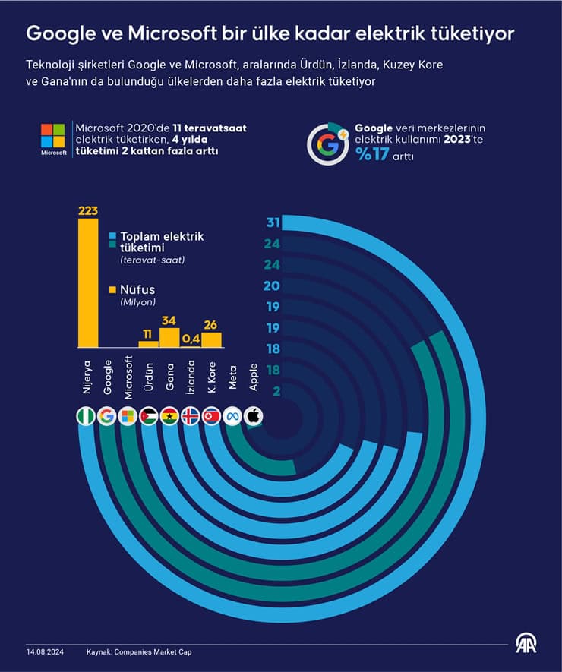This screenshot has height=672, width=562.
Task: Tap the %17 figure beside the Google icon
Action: pos(372,154)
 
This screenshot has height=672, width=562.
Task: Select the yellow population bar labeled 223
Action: pos(88,283)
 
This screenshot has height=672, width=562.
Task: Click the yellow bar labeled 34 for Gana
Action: pos(169,337)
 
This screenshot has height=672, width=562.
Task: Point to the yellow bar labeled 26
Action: pos(211,340)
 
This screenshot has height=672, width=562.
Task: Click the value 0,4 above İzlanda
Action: pos(191,339)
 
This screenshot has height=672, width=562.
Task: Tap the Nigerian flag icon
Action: pos(86,416)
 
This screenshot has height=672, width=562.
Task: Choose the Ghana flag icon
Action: pos(169,416)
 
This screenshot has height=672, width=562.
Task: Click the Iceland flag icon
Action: pos(191,416)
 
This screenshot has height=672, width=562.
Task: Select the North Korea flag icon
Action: pos(211,416)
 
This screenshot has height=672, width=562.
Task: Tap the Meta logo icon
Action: pos(232,416)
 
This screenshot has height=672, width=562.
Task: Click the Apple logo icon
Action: pos(253,416)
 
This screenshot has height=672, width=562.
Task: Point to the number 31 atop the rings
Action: pos(273,222)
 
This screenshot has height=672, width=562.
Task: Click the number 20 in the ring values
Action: pos(272,286)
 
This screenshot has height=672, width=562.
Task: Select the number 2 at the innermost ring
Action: pos(276,391)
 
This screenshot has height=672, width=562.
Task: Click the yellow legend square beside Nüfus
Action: pos(112,290)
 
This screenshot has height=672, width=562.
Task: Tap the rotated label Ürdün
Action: pos(149,377)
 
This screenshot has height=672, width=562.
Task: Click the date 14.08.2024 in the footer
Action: pos(45,651)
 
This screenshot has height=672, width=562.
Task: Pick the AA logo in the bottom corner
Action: pos(526,644)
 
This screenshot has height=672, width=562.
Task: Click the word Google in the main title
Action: pos(59,34)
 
